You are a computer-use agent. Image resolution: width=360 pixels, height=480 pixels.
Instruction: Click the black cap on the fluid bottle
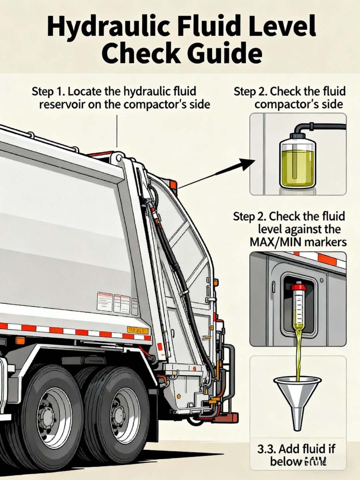[298, 136]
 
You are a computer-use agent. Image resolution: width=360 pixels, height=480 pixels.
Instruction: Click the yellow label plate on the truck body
[138, 330]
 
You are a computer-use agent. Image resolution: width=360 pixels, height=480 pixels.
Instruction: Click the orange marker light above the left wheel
[20, 341]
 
